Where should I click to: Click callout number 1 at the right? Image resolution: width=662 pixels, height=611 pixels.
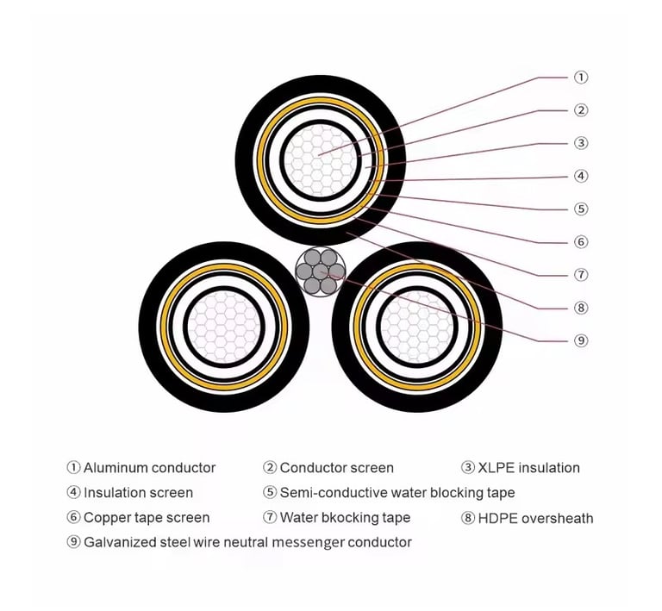pos(581,78)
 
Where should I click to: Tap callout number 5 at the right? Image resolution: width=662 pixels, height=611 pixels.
pos(581,209)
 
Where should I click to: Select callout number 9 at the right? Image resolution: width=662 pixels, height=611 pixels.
pos(581,340)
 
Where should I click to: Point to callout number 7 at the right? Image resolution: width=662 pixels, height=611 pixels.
pos(581,275)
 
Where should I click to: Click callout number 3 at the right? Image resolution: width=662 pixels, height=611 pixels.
pos(581,143)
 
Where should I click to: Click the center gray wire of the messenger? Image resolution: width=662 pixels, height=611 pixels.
pos(320,271)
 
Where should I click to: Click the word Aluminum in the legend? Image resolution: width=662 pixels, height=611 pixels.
pos(116,468)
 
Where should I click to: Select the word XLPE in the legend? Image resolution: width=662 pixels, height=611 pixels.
pos(496,468)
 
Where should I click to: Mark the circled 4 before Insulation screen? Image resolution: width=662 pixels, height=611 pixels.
pos(73,492)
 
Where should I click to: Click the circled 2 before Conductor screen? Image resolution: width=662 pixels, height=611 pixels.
pos(269,468)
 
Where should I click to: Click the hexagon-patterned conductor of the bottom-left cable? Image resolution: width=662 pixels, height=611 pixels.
pos(224,327)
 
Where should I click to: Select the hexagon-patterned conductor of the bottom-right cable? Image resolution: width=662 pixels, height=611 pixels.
pos(417,327)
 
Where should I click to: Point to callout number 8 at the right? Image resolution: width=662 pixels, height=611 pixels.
pos(581,308)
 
